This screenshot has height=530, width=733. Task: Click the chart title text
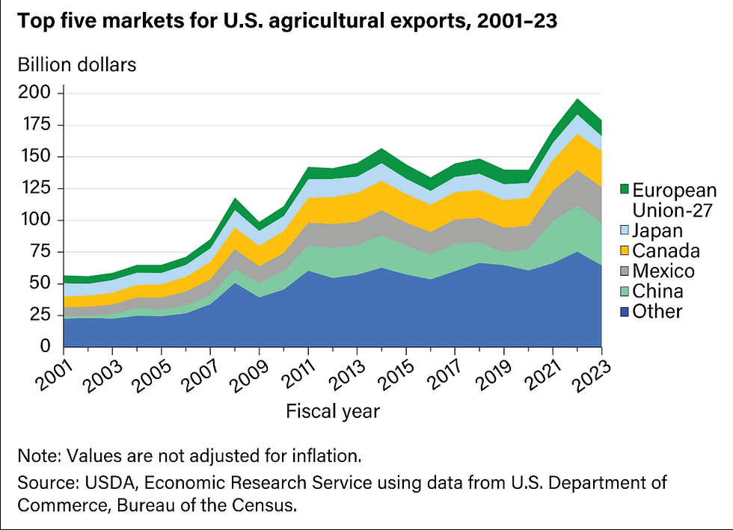288,20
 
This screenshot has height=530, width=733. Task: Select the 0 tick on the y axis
46,347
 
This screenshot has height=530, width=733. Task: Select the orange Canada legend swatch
626,250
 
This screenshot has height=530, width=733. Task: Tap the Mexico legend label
663,271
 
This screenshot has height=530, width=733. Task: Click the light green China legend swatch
626,291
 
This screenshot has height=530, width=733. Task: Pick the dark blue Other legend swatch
626,311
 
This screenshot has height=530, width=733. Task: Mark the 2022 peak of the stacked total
577,99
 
